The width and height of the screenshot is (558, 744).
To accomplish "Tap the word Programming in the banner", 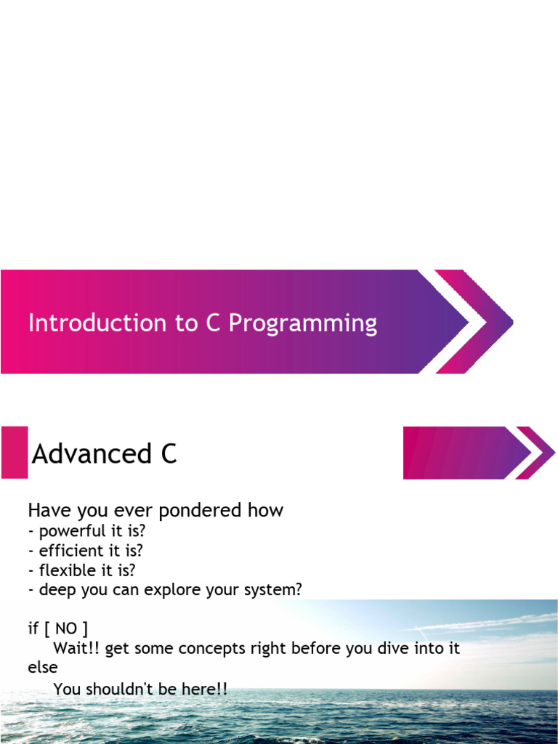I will click(303, 324).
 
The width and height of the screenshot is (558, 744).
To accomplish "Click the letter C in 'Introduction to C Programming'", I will click(213, 323).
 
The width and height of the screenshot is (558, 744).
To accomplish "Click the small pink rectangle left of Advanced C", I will click(15, 453).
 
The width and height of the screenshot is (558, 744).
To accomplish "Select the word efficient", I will click(69, 551).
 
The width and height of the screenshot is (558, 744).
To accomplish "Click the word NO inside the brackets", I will click(66, 629).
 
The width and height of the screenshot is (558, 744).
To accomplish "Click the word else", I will click(42, 668).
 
